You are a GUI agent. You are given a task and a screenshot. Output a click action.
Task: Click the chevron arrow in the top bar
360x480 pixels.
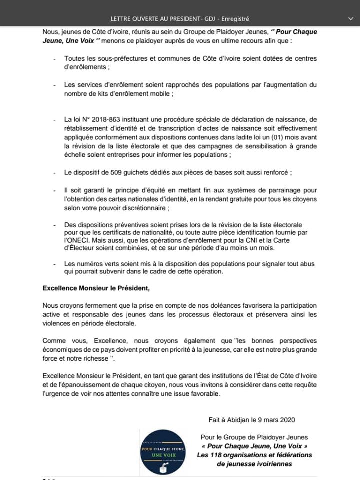tap(349, 18)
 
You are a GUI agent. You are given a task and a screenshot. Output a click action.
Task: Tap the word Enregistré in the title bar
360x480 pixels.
tap(233, 19)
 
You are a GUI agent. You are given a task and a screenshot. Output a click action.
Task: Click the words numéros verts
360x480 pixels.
tap(97, 264)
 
